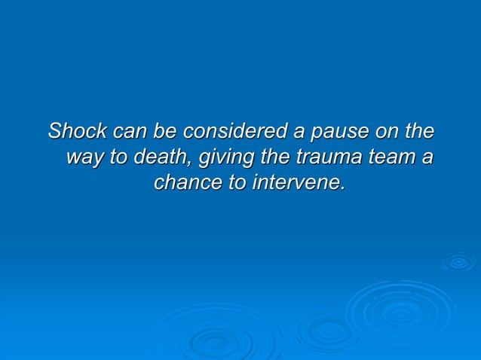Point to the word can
tap(129, 131)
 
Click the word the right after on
tap(419, 131)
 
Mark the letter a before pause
tap(299, 133)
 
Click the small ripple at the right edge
tap(458, 262)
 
